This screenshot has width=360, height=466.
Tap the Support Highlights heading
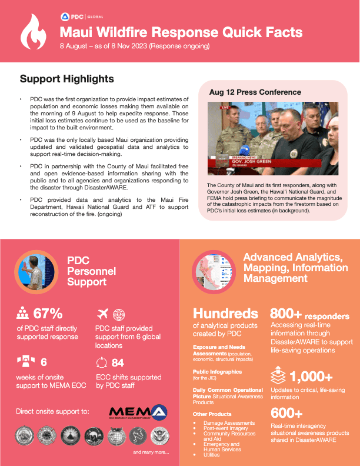tap(67, 79)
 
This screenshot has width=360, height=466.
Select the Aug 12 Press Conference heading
tap(255, 92)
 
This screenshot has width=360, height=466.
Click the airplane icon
tap(102, 312)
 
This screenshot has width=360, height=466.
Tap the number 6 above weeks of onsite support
tap(44, 363)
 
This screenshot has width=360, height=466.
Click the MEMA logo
tap(138, 412)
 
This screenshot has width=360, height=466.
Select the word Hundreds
tap(225, 313)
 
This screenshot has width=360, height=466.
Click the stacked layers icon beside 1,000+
tap(278, 376)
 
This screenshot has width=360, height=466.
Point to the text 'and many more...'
tap(151, 452)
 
